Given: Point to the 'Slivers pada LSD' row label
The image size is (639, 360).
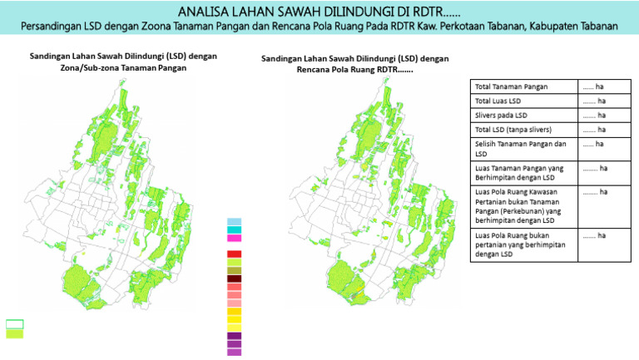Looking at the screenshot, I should point(501,116).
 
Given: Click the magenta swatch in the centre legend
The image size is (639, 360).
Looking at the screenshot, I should point(234,239).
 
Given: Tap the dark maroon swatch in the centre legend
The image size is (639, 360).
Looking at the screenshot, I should point(234,279).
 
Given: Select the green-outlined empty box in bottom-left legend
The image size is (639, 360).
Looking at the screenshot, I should point(15,324).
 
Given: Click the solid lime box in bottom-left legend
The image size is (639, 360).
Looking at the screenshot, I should point(15,334).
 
